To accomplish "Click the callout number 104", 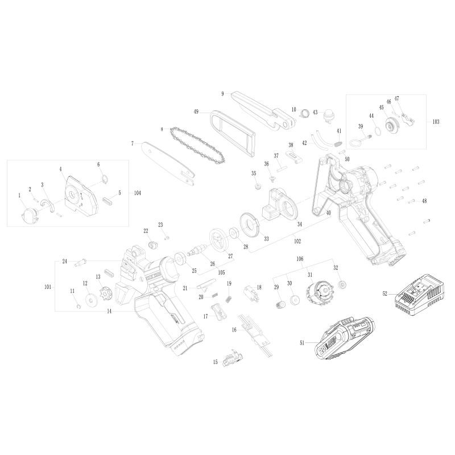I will click(x=137, y=193).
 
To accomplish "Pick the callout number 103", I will click(x=436, y=122).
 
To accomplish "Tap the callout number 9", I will click(x=223, y=93).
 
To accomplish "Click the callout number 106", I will click(x=299, y=258).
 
